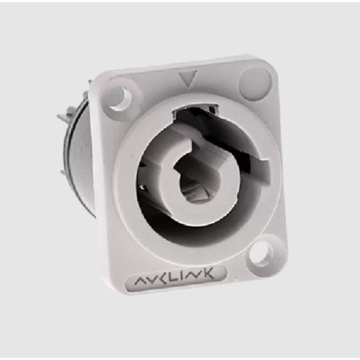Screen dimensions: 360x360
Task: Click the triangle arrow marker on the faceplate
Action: pyautogui.click(x=185, y=79)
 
